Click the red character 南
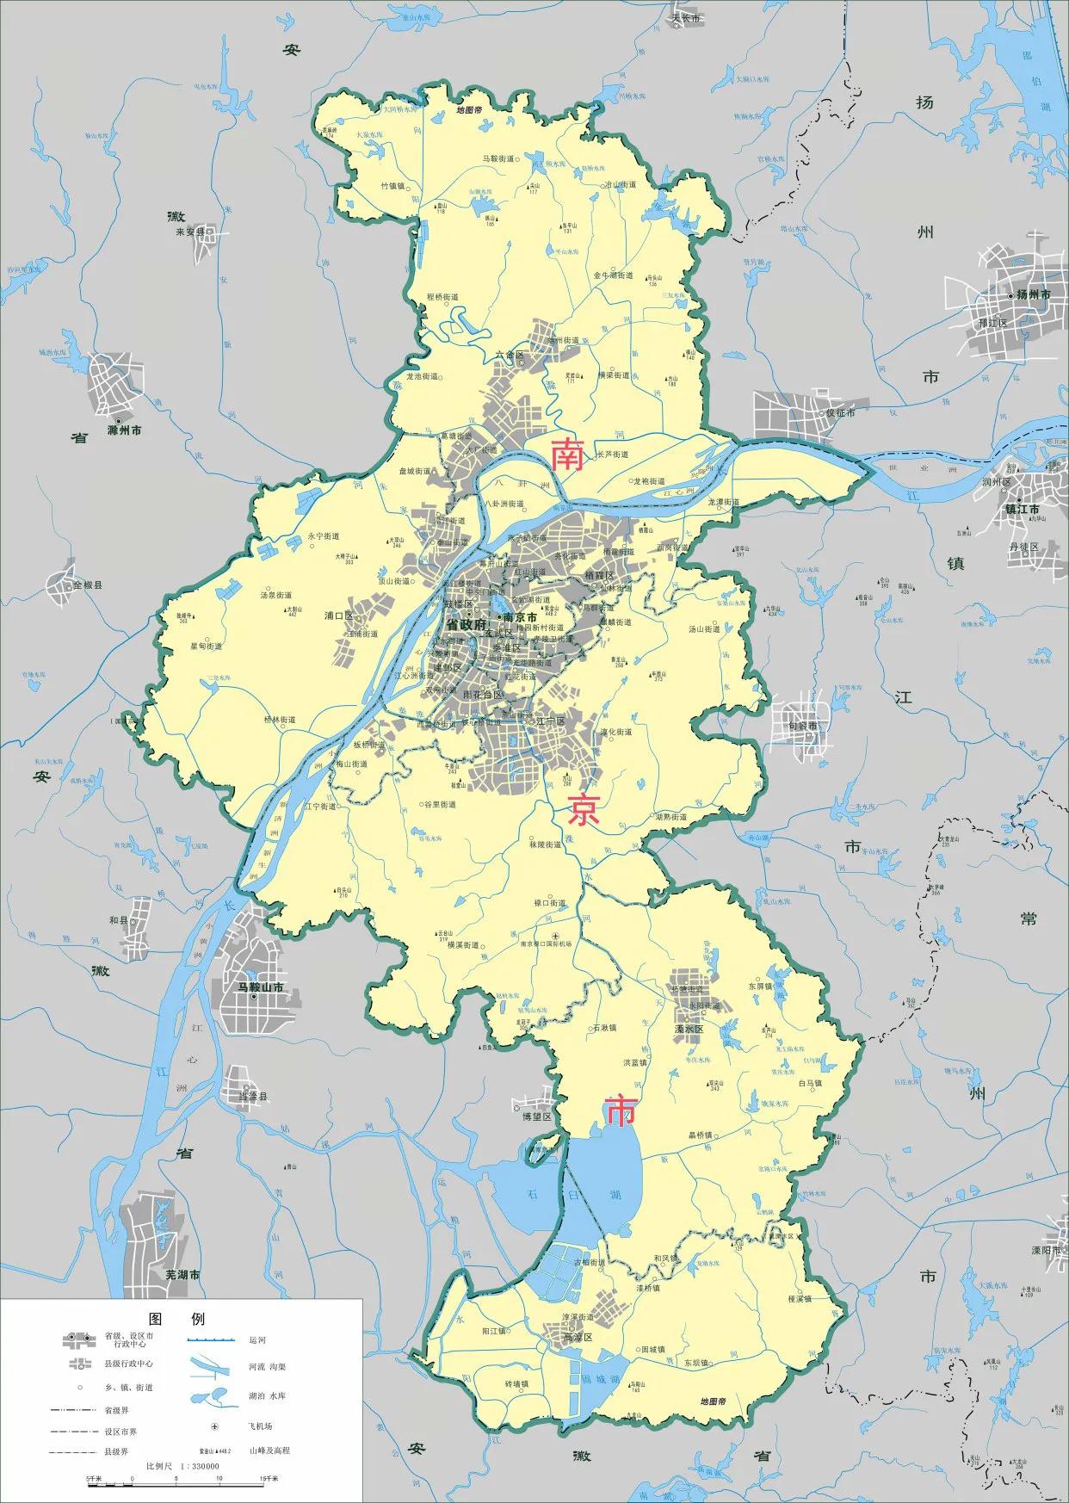[567, 455]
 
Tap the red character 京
[584, 810]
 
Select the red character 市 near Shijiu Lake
[620, 1111]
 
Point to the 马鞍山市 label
[261, 987]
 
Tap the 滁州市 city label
[124, 430]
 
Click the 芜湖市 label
[182, 1273]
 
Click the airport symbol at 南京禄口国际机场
[555, 935]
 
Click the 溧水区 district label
[689, 1030]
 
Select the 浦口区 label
[338, 616]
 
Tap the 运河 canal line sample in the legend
[212, 1340]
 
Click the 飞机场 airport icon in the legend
[215, 1427]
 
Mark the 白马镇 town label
[810, 1083]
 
